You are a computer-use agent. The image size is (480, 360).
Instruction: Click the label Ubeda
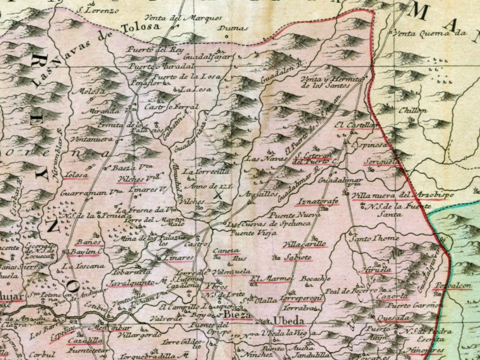click(x=286, y=319)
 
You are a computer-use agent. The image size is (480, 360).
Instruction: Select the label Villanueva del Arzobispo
click(x=403, y=194)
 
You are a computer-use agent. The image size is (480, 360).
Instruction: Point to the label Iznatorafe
click(x=317, y=200)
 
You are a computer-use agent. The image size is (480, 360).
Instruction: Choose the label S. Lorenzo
click(x=95, y=10)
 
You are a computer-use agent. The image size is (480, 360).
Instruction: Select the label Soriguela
click(x=380, y=161)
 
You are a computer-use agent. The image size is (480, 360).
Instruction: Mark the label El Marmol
click(x=271, y=278)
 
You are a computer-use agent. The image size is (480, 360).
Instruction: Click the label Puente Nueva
click(x=294, y=214)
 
